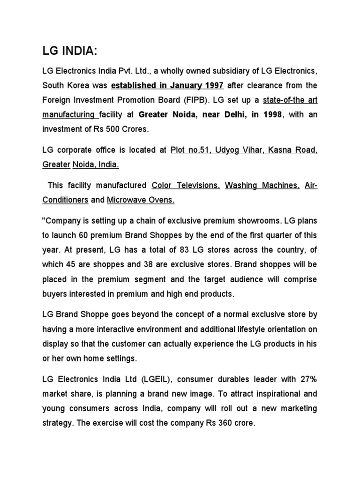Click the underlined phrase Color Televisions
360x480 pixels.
[x=179, y=186]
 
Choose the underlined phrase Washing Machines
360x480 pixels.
[x=255, y=186]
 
